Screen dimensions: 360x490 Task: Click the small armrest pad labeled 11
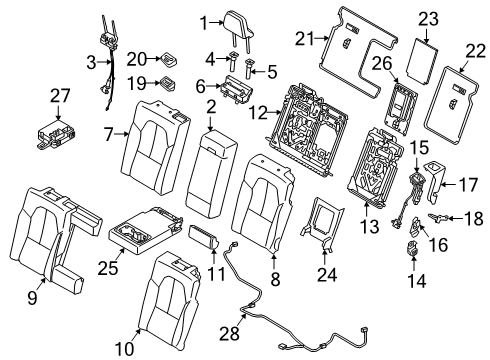coord(206,241)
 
